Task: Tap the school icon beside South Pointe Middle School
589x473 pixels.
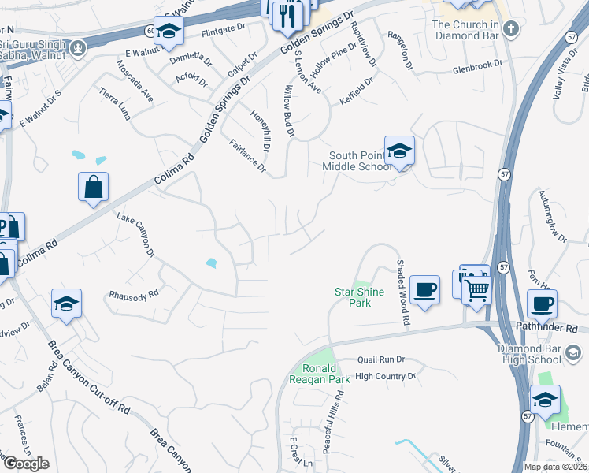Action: tap(399, 150)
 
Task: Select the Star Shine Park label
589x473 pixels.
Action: tap(360, 297)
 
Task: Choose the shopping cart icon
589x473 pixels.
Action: tap(476, 290)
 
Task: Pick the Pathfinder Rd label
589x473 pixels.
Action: tap(547, 327)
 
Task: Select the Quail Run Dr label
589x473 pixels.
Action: tap(380, 359)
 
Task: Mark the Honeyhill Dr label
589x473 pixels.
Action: tap(261, 131)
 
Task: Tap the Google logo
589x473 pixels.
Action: tap(25, 464)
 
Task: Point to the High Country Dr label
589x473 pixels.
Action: tap(385, 377)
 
